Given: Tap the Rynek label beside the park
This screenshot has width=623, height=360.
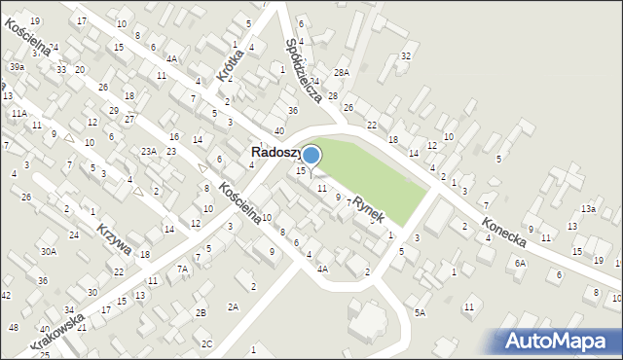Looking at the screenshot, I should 369,208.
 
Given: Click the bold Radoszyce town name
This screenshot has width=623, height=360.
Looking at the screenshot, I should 276,153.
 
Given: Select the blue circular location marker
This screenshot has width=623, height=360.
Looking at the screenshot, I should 311,155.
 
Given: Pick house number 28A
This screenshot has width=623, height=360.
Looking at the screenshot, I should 341,73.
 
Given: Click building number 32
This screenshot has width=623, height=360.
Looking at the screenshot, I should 406,56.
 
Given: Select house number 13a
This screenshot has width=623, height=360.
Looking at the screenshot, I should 588,209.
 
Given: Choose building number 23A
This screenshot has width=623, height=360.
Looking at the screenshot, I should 148,151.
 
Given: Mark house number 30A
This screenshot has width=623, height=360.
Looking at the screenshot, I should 48,251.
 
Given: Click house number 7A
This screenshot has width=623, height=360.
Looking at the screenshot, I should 181,269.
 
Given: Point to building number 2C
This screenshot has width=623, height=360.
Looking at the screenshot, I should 206,343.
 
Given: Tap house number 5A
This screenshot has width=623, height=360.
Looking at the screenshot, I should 420,312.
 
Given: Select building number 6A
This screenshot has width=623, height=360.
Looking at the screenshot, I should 521,263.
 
